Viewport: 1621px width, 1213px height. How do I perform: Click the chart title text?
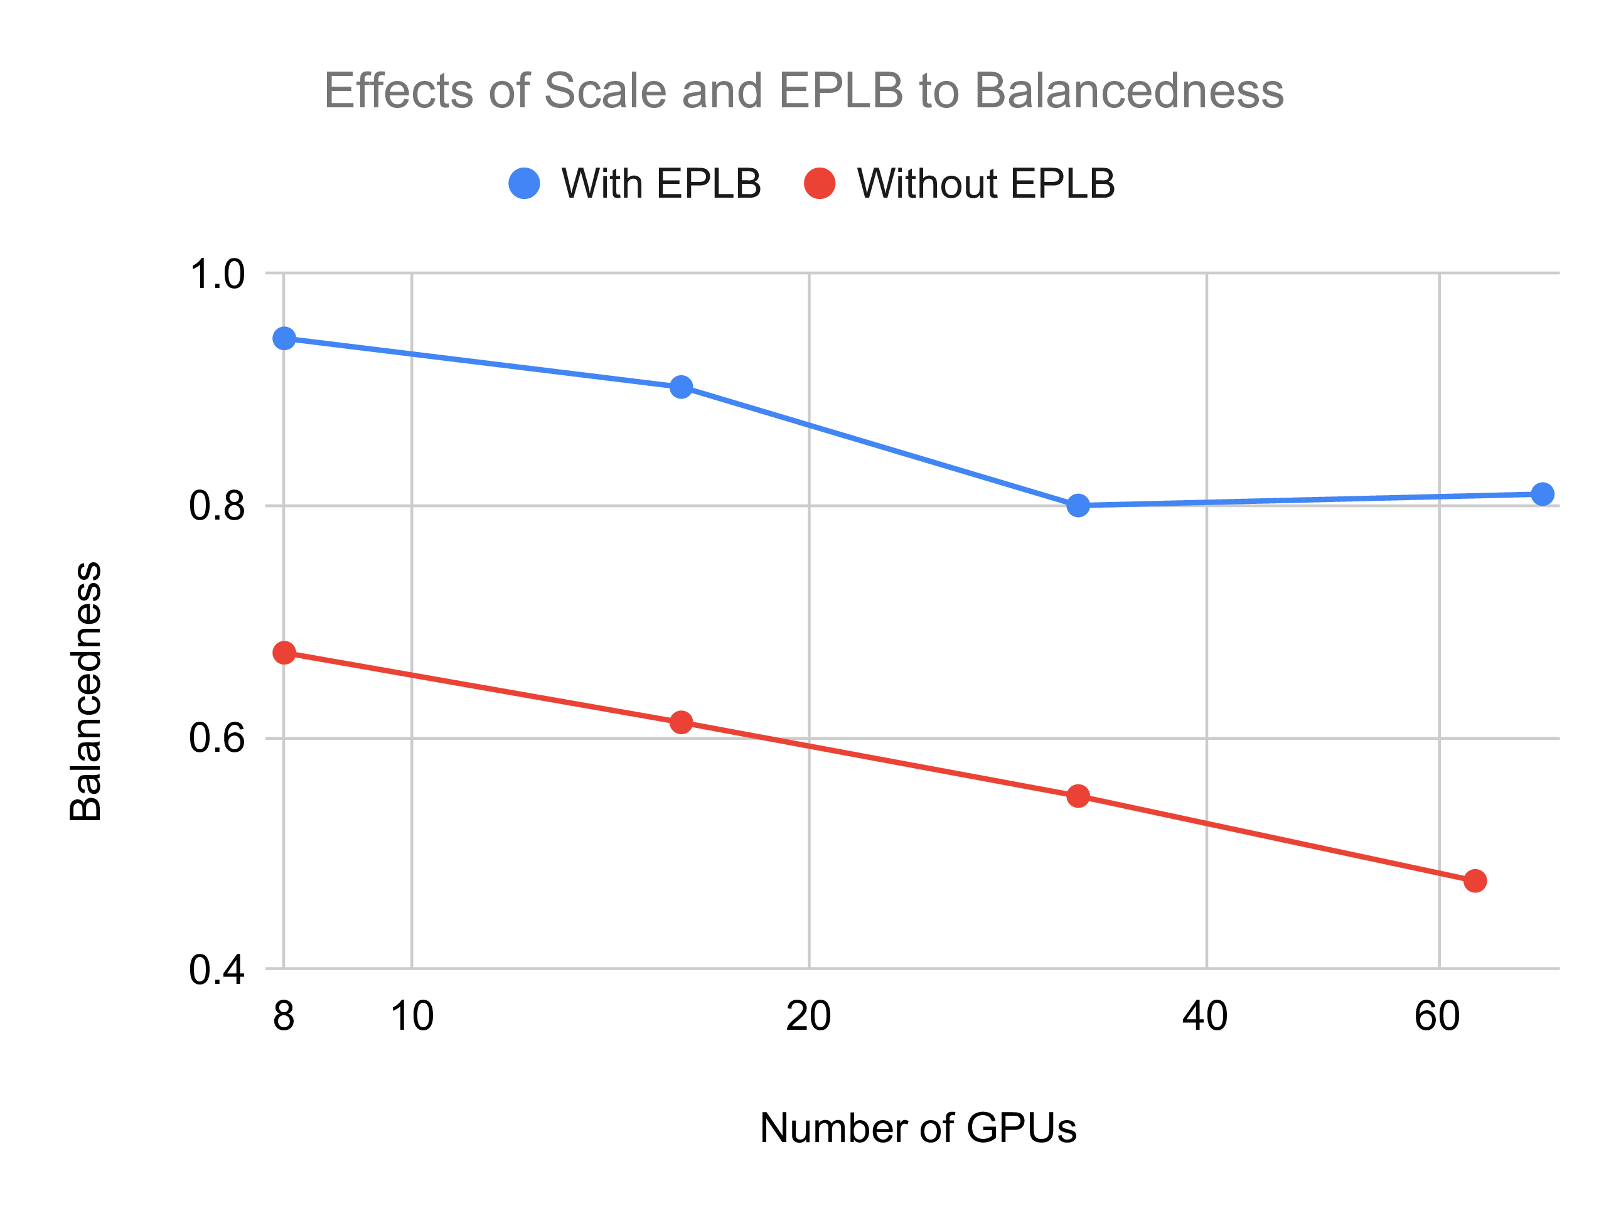click(803, 91)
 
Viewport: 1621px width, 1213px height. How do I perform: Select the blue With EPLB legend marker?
click(524, 183)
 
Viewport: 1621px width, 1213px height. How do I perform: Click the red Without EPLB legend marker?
click(820, 183)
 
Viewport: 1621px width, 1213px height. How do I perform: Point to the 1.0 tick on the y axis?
click(217, 275)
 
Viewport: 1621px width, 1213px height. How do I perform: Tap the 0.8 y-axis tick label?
click(217, 506)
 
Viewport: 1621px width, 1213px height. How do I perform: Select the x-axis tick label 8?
click(284, 1017)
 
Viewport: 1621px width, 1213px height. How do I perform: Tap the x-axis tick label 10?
click(412, 1017)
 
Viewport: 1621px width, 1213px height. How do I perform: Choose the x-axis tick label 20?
click(808, 1017)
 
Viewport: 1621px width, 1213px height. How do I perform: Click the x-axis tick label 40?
click(1206, 1017)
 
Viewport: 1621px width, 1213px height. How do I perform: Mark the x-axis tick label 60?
click(1437, 1017)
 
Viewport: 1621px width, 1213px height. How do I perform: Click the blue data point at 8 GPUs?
click(284, 339)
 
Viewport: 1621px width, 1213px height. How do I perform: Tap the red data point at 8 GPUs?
click(284, 652)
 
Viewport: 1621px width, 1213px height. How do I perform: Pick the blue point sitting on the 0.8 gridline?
click(1078, 505)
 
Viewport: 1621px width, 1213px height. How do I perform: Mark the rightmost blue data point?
click(1543, 494)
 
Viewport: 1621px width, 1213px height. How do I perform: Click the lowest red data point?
click(1475, 880)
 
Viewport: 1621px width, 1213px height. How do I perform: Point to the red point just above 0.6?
click(682, 722)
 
